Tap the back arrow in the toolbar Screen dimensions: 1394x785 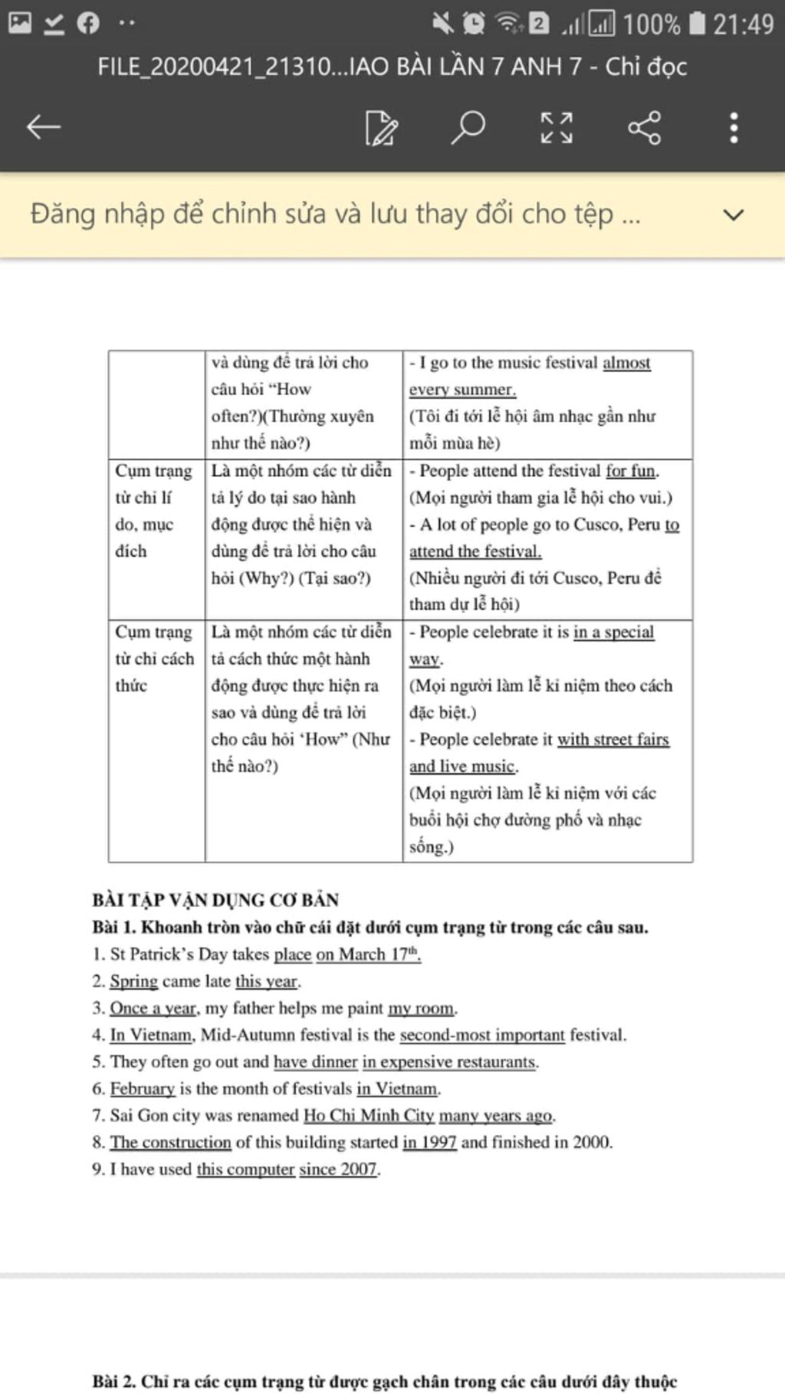(x=43, y=127)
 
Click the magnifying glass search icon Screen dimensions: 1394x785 (x=468, y=127)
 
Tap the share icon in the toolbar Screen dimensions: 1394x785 (x=644, y=127)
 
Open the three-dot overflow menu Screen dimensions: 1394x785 (x=734, y=127)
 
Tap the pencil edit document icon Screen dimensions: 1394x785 (x=381, y=127)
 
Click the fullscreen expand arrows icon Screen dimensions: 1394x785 (x=556, y=127)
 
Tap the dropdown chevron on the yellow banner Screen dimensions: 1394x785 (x=734, y=214)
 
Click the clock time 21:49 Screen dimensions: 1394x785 (x=743, y=25)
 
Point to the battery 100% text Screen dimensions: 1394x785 (x=651, y=25)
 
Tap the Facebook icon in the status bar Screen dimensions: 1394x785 (x=88, y=23)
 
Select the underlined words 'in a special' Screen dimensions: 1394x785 (x=613, y=632)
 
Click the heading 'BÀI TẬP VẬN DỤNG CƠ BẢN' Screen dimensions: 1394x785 (x=215, y=899)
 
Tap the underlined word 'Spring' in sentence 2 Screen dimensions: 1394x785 (x=133, y=981)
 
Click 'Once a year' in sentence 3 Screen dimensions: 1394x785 (x=153, y=1008)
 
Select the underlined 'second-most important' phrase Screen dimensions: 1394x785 (x=482, y=1035)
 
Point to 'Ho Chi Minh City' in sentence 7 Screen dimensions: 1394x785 (x=369, y=1115)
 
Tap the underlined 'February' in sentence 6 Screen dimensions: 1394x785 (x=143, y=1088)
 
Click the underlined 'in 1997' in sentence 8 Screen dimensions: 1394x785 (x=429, y=1142)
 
